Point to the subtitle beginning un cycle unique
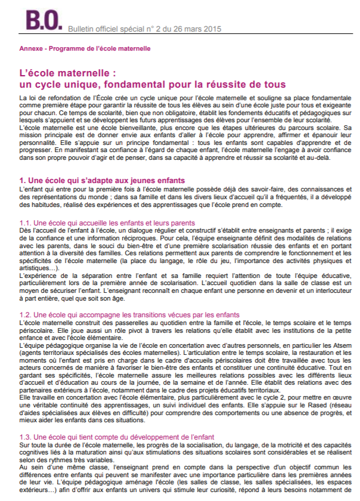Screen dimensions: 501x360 [x=153, y=85]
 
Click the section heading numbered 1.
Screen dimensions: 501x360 [x=102, y=180]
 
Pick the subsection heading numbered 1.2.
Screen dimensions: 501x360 [x=129, y=315]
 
